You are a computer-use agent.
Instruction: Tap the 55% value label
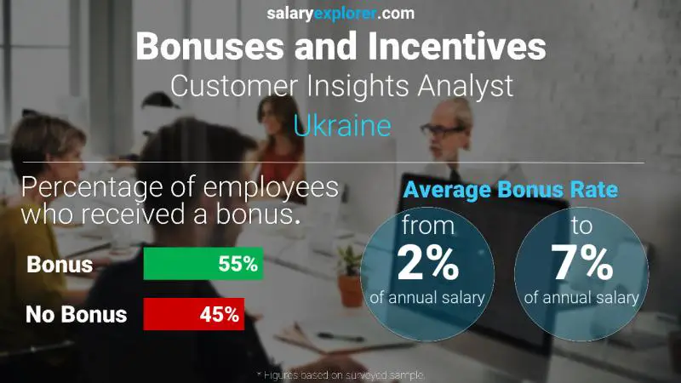click(237, 264)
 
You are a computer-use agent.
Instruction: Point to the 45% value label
click(219, 314)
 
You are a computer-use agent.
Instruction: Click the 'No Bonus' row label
click(76, 314)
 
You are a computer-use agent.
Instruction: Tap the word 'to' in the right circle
click(582, 226)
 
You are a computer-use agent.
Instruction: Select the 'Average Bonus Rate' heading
click(510, 190)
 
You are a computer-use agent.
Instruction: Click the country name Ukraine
click(341, 125)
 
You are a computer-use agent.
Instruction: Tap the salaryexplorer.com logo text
click(340, 13)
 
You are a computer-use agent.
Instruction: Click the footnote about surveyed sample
click(340, 374)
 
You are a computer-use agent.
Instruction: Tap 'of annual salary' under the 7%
click(582, 298)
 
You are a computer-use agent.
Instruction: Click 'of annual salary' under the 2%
click(427, 298)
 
